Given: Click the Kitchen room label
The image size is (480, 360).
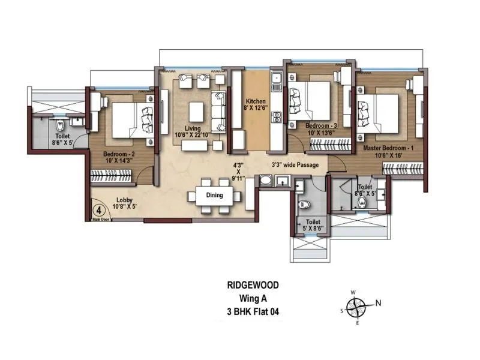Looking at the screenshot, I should click(251, 101).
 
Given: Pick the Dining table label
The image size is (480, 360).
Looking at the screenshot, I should click(214, 195).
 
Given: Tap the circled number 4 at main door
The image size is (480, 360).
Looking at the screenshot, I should click(98, 211).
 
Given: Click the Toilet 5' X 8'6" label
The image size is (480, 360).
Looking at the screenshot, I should click(312, 225).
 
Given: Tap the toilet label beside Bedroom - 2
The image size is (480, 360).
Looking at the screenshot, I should click(62, 140).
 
